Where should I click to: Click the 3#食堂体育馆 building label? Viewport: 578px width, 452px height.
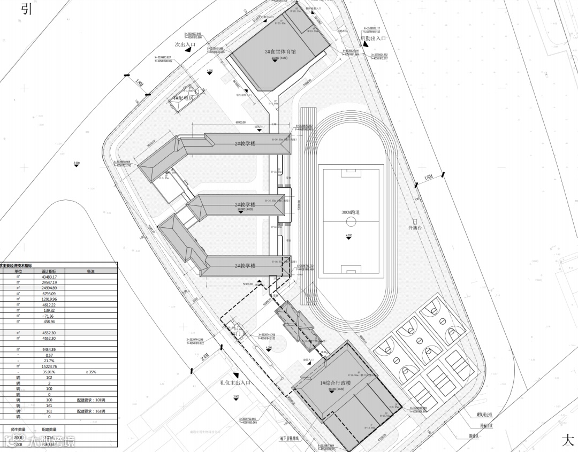tap(280, 52)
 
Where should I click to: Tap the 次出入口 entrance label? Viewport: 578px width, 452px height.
tap(185, 44)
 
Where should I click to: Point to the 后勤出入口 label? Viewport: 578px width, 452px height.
tap(372, 39)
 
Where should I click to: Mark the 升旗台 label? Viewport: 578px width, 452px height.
tap(416, 228)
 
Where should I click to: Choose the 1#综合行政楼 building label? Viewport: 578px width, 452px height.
tap(336, 384)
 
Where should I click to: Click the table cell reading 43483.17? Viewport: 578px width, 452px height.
tap(56, 277)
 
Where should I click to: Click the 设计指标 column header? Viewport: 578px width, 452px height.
tap(56, 271)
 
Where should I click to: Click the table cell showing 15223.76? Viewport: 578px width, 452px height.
tap(56, 366)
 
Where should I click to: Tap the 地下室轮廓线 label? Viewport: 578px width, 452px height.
tap(292, 438)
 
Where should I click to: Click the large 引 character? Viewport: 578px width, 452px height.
tap(27, 9)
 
